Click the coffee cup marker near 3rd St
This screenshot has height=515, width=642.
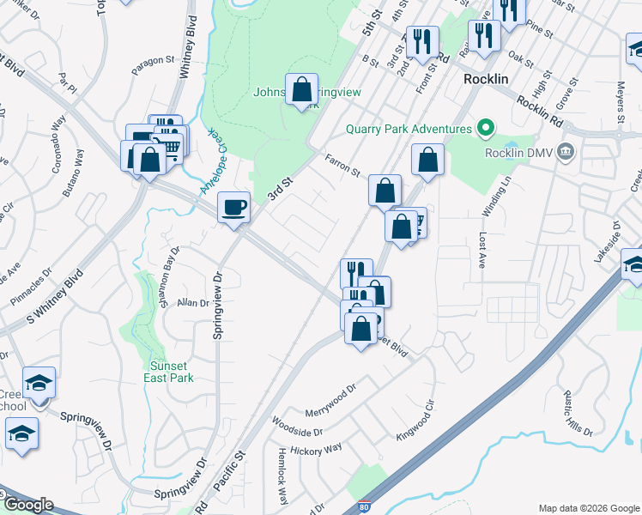[x=233, y=207]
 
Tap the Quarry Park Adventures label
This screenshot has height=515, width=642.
[x=409, y=130]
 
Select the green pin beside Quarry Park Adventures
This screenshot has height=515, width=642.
[x=485, y=129]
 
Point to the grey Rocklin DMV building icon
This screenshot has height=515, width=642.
[x=565, y=153]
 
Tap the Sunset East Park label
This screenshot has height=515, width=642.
[x=167, y=371]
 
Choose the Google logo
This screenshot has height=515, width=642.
[x=28, y=505]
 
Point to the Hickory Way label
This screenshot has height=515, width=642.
[x=317, y=449]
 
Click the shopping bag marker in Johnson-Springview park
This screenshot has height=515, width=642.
[x=301, y=89]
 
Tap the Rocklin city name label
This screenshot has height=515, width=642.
[x=488, y=77]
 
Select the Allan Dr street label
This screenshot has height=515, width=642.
[x=193, y=303]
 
